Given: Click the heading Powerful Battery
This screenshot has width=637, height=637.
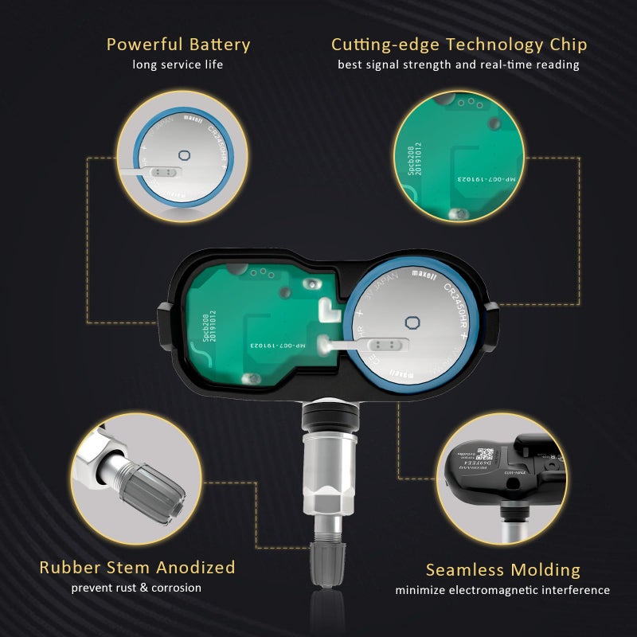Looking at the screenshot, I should click(x=178, y=45).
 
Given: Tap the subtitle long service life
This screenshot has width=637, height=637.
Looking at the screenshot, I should click(x=178, y=64).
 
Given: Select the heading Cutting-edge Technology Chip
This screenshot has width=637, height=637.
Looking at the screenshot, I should click(x=459, y=45).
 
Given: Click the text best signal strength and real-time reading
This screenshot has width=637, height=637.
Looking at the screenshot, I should click(x=459, y=64).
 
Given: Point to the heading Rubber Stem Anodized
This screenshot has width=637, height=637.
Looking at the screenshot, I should click(x=137, y=568).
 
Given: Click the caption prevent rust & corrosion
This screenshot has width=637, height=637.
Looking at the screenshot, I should click(x=136, y=588).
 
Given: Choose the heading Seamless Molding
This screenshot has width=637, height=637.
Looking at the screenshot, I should click(x=502, y=570).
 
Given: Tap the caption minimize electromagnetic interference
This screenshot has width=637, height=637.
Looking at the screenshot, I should click(x=502, y=590).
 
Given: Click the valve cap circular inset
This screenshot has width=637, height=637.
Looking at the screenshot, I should click(x=135, y=476).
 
